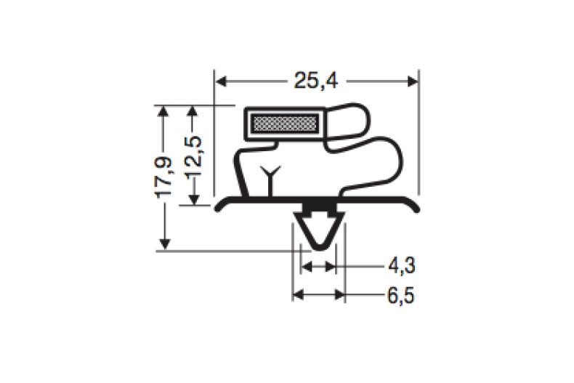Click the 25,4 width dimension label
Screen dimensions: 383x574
(316, 81)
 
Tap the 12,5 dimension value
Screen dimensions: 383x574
(193, 156)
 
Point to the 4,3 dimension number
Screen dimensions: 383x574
(401, 267)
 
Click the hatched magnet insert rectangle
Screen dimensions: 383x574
(284, 124)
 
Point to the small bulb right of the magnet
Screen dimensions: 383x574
(349, 120)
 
